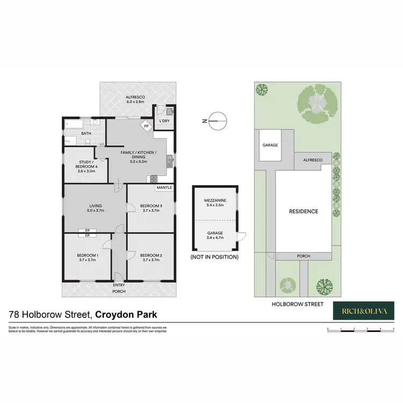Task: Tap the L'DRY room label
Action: coord(164,121)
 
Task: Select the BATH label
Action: coord(86,133)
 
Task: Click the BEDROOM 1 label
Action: coord(87,257)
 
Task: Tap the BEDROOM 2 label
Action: coord(150,257)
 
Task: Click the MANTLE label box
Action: coord(164,188)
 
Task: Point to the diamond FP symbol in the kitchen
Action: coord(146,126)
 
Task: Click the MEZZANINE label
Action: coord(215,203)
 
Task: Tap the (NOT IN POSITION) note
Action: coord(215,257)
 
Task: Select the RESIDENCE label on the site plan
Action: coord(304,211)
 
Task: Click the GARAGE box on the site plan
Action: coord(270,145)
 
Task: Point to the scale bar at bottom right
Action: coord(361,329)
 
